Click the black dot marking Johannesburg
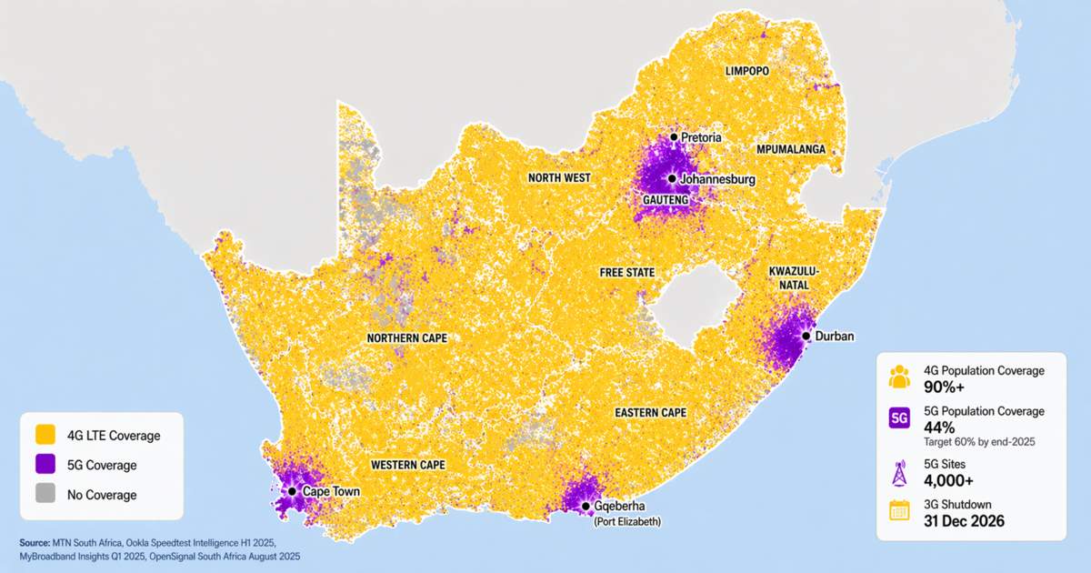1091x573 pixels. pyautogui.click(x=672, y=179)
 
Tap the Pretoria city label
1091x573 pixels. pyautogui.click(x=701, y=137)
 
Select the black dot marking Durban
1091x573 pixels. pyautogui.click(x=805, y=336)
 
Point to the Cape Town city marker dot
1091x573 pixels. pyautogui.click(x=292, y=491)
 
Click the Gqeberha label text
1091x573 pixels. pyautogui.click(x=626, y=507)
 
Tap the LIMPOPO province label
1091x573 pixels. pyautogui.click(x=747, y=71)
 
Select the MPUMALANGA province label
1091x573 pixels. pyautogui.click(x=790, y=148)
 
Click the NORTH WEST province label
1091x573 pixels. pyautogui.click(x=559, y=178)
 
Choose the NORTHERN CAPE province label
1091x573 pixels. pyautogui.click(x=407, y=338)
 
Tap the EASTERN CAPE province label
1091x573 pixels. pyautogui.click(x=650, y=413)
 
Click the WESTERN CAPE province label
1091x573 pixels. pyautogui.click(x=408, y=465)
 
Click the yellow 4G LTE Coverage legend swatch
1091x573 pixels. pyautogui.click(x=44, y=436)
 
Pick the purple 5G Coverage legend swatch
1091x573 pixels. pyautogui.click(x=44, y=465)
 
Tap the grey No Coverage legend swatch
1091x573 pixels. pyautogui.click(x=44, y=495)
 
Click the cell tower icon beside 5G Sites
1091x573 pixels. pyautogui.click(x=899, y=471)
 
